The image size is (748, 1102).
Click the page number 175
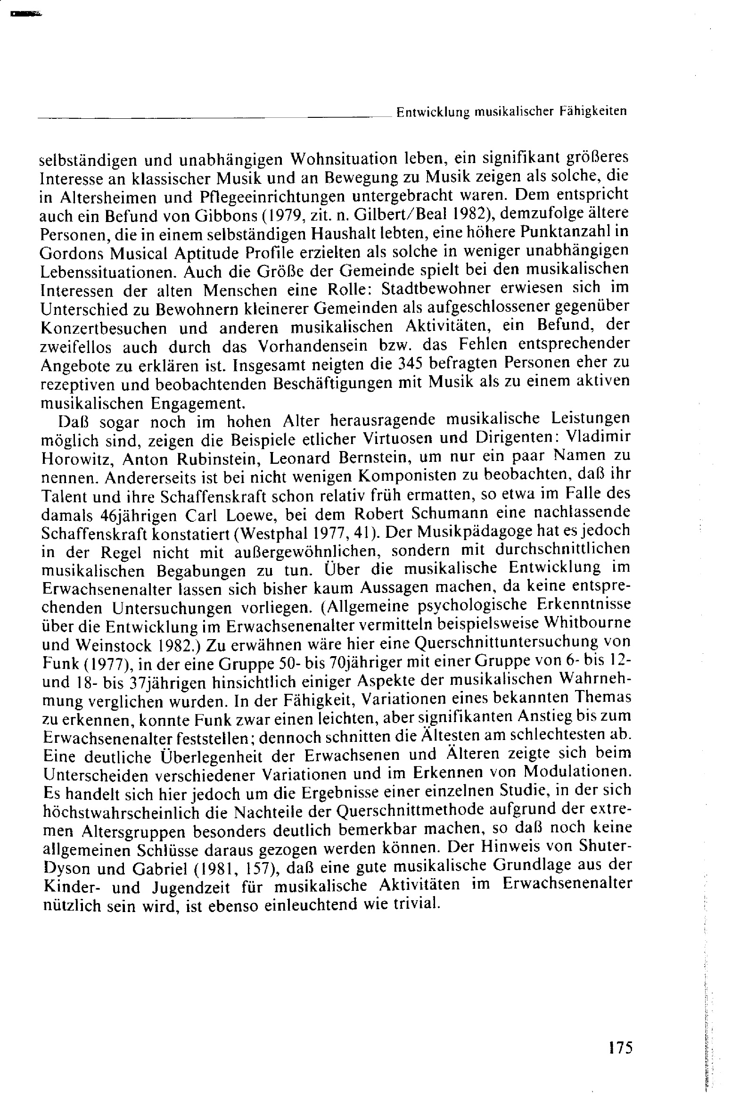[x=620, y=1047]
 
